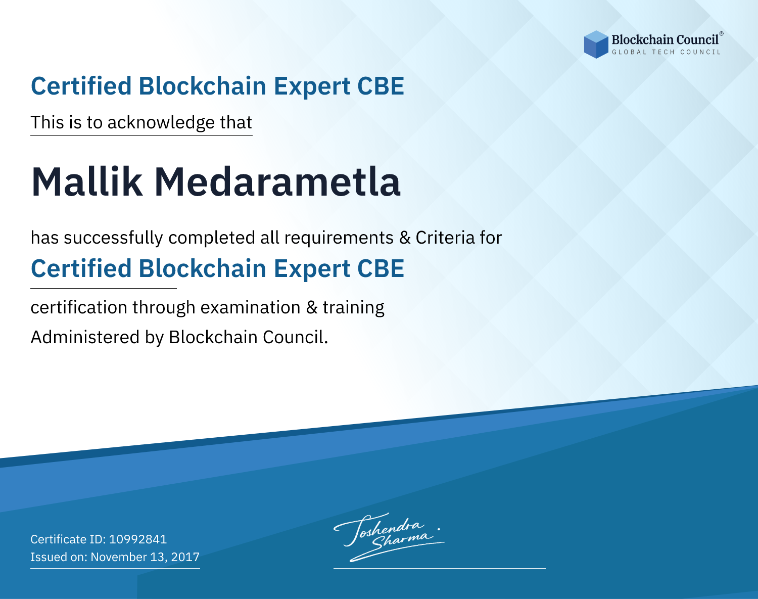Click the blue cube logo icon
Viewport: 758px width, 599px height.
(x=596, y=44)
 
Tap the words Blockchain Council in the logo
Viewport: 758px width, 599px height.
(x=665, y=40)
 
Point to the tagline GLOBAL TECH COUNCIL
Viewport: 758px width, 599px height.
(x=667, y=52)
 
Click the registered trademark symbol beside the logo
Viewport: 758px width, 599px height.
(x=721, y=33)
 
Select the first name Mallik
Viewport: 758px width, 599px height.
(x=87, y=182)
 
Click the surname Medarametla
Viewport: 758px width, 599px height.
(x=277, y=182)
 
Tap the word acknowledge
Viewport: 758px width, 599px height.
(x=161, y=123)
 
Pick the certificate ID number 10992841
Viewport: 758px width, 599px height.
(x=138, y=539)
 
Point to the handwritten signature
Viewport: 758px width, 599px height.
(x=389, y=537)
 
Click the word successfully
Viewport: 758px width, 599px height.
(x=113, y=238)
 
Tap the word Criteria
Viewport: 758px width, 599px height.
(x=445, y=238)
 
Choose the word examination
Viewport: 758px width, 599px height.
(x=251, y=307)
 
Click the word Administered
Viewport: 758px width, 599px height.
(x=85, y=337)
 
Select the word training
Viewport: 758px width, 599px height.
(x=353, y=308)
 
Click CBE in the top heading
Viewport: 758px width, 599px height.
(x=381, y=86)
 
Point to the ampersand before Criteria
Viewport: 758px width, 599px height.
(x=405, y=238)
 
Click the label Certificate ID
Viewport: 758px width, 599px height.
(x=68, y=539)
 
